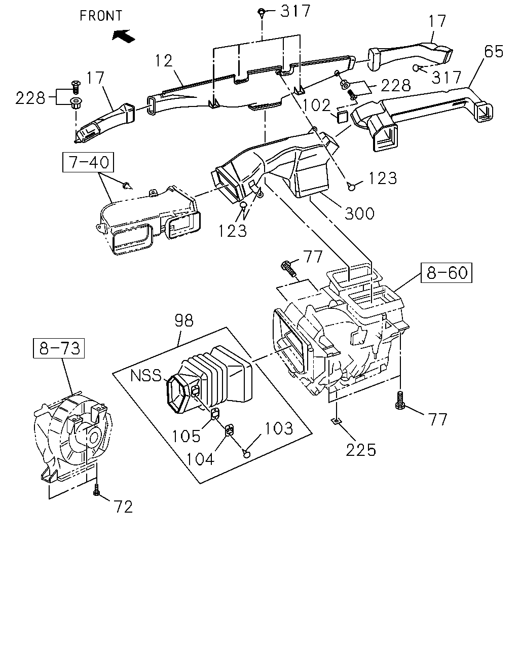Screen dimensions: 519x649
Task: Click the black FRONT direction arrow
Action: tap(124, 36)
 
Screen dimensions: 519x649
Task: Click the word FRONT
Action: tap(101, 16)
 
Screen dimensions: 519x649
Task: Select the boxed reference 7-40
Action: tap(88, 162)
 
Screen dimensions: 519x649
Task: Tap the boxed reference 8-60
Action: tap(447, 273)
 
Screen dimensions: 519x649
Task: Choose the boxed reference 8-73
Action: tap(59, 348)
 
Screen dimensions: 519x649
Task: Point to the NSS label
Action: tap(146, 376)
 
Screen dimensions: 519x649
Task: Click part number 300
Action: tap(359, 214)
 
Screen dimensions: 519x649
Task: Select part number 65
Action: tap(494, 52)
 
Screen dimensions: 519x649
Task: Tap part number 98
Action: tap(184, 320)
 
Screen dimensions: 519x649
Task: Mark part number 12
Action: tap(164, 61)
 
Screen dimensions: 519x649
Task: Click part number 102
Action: tap(316, 105)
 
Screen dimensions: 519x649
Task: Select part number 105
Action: tap(186, 436)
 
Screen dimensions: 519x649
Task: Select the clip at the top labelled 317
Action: tap(261, 12)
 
